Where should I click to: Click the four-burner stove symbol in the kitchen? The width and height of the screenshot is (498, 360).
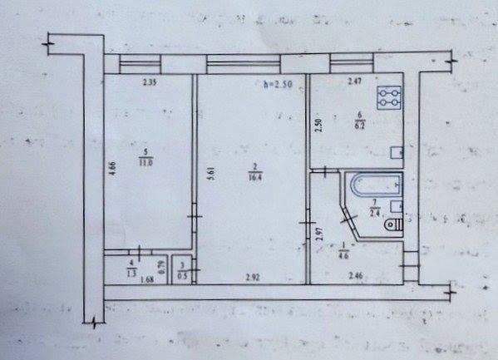pos(389,99)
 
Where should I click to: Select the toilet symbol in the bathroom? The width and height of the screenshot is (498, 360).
pos(392,224)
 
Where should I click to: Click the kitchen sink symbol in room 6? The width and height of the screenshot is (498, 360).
pos(397,153)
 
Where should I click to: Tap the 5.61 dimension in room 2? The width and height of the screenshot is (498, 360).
pos(212,176)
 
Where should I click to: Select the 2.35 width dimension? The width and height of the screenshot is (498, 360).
pos(149,82)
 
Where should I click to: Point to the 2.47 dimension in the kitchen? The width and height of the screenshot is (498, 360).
pos(353,81)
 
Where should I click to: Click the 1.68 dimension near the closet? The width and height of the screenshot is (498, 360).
pos(147,279)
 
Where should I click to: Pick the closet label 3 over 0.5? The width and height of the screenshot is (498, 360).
pos(182,272)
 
